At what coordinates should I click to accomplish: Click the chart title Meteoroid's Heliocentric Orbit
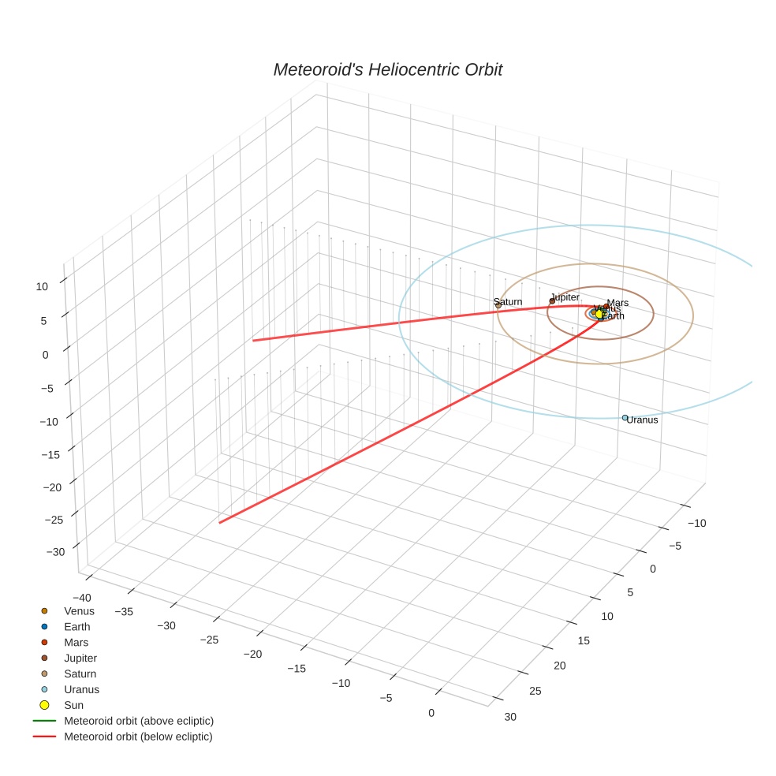pyautogui.click(x=387, y=70)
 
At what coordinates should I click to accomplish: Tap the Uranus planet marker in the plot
pyautogui.click(x=625, y=418)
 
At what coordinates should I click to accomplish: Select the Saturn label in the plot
pyautogui.click(x=508, y=302)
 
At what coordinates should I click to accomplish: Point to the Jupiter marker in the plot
pyautogui.click(x=552, y=300)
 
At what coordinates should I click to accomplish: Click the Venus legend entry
pyautogui.click(x=79, y=611)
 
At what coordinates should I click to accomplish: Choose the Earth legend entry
pyautogui.click(x=76, y=627)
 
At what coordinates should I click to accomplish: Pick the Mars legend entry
pyautogui.click(x=76, y=643)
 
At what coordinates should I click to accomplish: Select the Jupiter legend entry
pyautogui.click(x=80, y=658)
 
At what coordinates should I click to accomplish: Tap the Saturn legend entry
pyautogui.click(x=80, y=674)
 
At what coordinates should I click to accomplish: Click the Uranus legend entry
pyautogui.click(x=81, y=689)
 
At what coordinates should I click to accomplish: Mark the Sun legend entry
pyautogui.click(x=73, y=705)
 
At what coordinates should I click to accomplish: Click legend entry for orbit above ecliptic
pyautogui.click(x=138, y=721)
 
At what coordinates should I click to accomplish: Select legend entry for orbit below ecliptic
pyautogui.click(x=138, y=737)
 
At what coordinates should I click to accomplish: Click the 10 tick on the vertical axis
pyautogui.click(x=43, y=287)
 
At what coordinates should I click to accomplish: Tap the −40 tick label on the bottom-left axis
pyautogui.click(x=81, y=598)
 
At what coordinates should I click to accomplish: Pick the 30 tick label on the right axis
pyautogui.click(x=510, y=717)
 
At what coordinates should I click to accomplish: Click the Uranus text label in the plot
pyautogui.click(x=642, y=420)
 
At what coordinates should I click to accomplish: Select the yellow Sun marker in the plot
pyautogui.click(x=599, y=314)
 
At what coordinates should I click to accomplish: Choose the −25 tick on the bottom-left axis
pyautogui.click(x=209, y=640)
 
